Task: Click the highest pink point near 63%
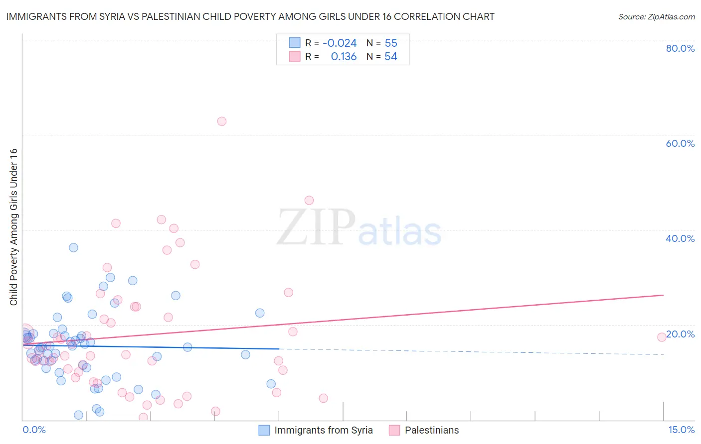coord(222,121)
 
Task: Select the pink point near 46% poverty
coord(309,201)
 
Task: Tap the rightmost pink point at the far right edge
coord(662,337)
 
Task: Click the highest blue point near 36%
coord(73,247)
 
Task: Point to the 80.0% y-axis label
coord(680,48)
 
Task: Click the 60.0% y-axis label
coord(680,143)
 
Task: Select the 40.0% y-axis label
coord(680,238)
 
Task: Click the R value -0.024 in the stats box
coord(340,43)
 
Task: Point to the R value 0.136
coord(344,57)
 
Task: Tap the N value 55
coord(391,43)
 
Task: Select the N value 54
coord(391,57)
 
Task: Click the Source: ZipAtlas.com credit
coord(656,17)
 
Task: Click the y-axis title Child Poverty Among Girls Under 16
coord(13,227)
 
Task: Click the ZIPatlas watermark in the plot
coord(359,228)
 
